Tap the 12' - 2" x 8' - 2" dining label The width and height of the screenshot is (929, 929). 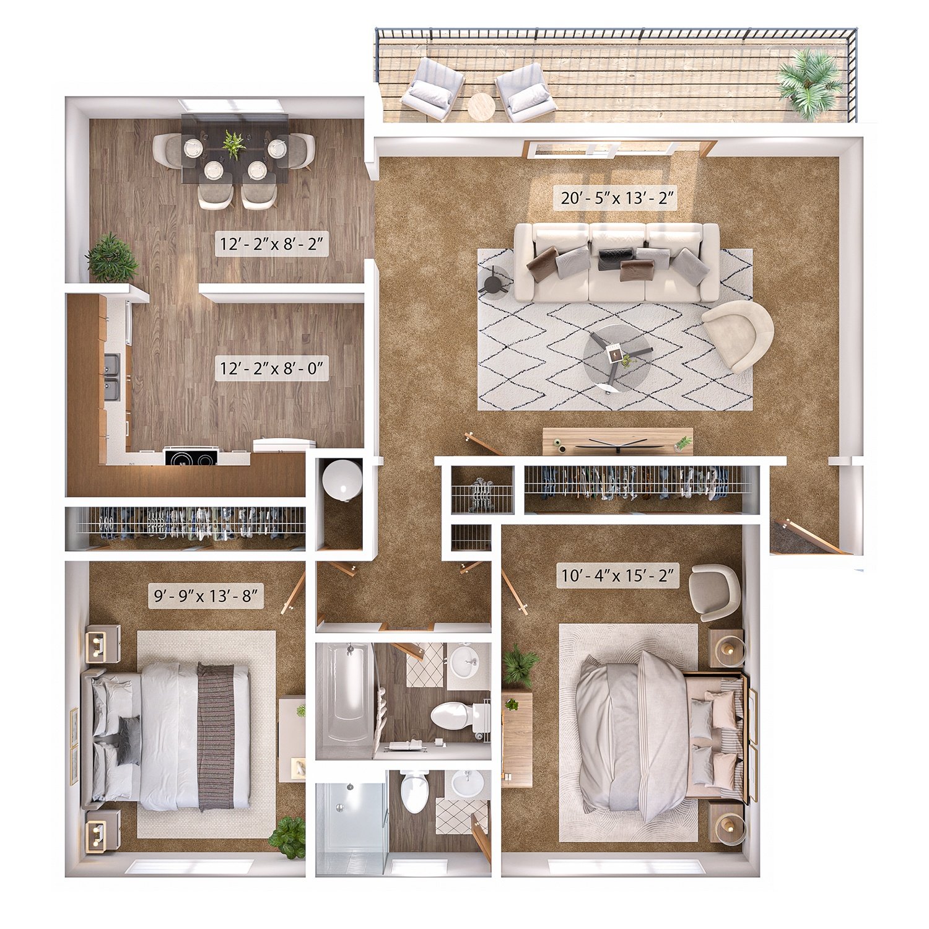[x=271, y=244]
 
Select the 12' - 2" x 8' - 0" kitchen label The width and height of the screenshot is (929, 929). [x=271, y=369]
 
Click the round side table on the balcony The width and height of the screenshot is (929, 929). [x=481, y=107]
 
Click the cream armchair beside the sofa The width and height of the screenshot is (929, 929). [x=738, y=334]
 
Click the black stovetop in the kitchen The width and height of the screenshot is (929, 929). [x=191, y=458]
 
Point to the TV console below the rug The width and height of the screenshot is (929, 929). [x=617, y=441]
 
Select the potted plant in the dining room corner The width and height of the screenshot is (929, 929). [x=111, y=258]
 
